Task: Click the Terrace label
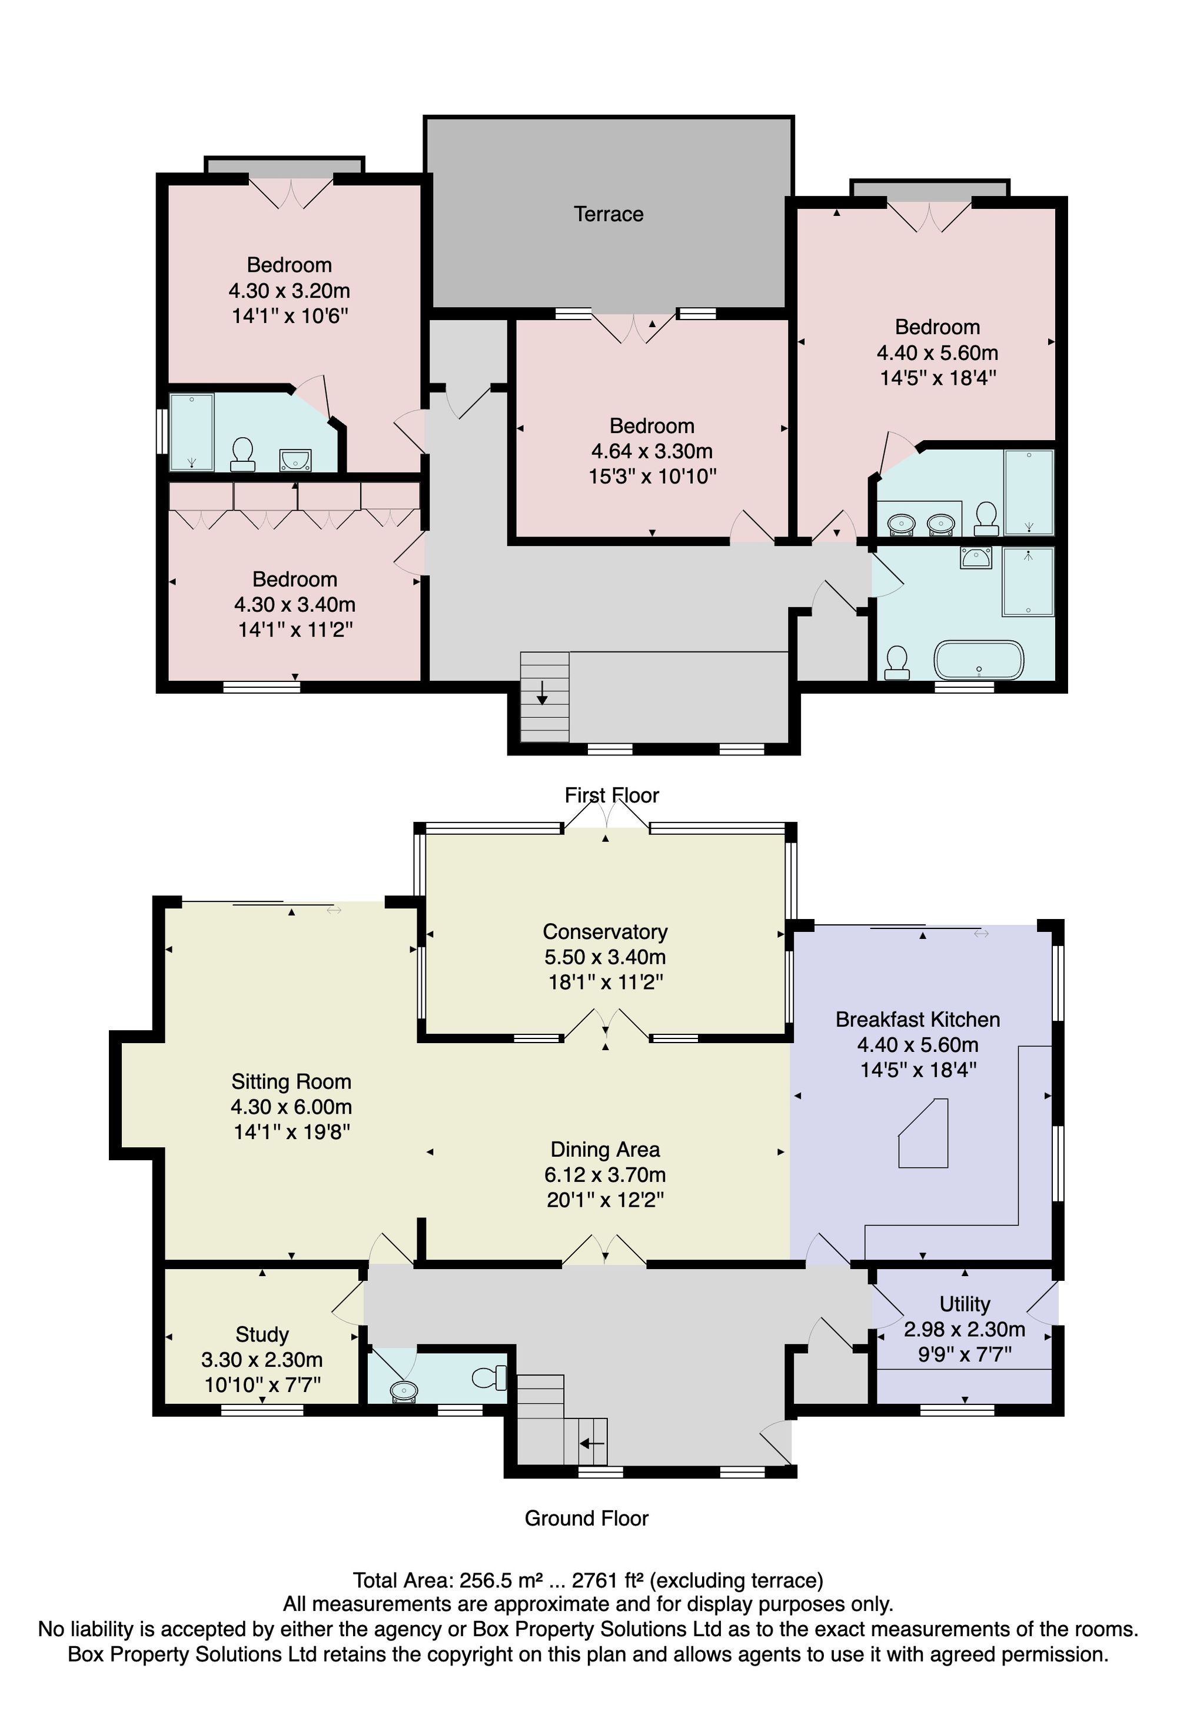pos(608,214)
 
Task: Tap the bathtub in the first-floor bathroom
pos(979,660)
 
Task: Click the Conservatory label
pos(605,932)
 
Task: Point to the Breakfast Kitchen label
pos(917,1020)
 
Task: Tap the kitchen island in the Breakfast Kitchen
pos(924,1133)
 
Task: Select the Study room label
pos(262,1334)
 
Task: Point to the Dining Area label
pos(605,1150)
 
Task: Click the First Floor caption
pos(612,795)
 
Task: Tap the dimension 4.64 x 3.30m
pos(652,451)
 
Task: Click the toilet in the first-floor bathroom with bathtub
pos(897,663)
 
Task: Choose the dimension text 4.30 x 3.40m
pos(294,604)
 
